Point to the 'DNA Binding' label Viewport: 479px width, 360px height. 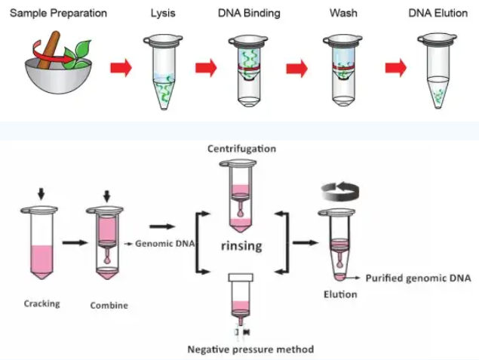pos(250,14)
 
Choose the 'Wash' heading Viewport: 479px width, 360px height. pos(342,14)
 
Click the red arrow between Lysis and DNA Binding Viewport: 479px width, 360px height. pos(206,69)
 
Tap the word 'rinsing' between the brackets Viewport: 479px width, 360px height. pos(241,245)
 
